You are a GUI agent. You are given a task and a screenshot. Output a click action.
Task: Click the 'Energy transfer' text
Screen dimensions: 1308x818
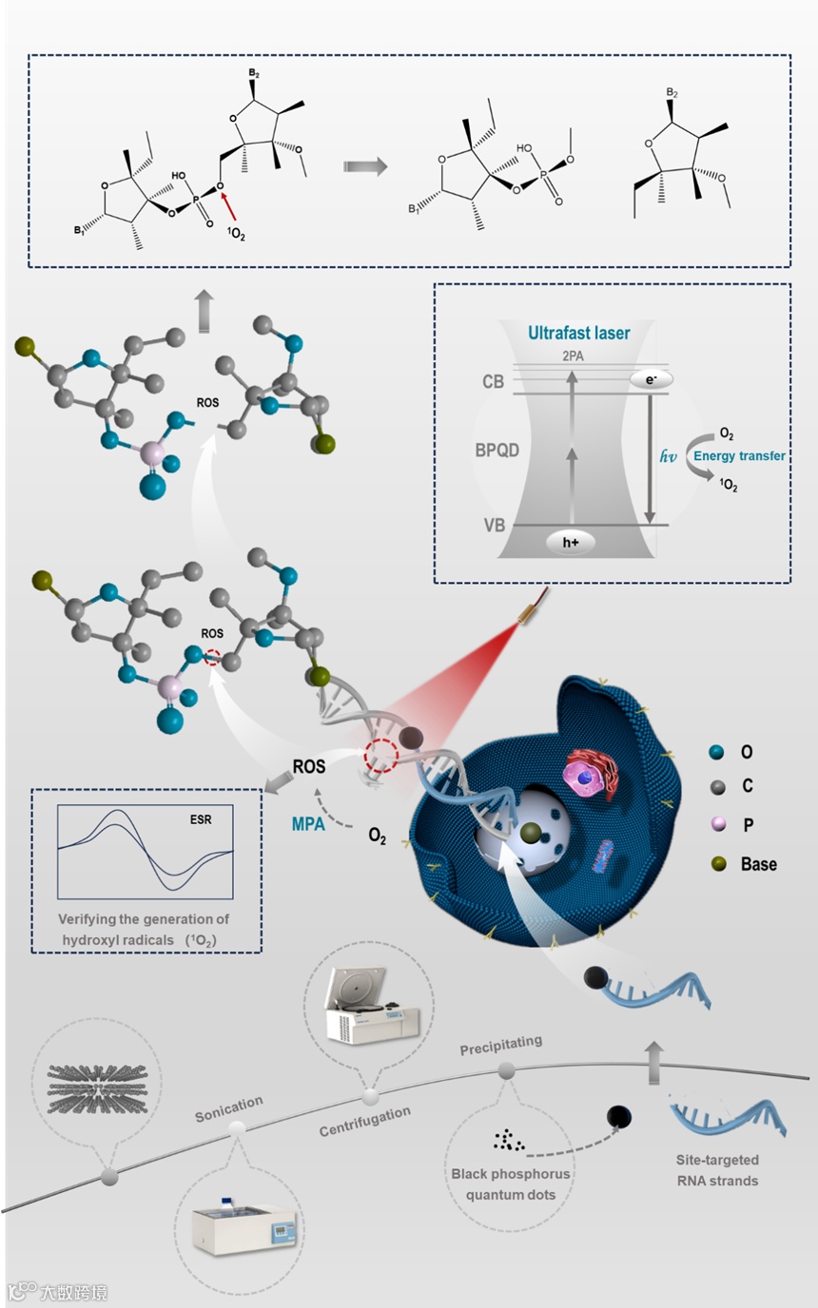[x=738, y=457]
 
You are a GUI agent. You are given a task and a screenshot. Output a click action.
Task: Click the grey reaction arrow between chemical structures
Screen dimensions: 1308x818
[x=365, y=166]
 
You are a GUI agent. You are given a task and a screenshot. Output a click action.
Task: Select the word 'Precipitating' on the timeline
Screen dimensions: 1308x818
[x=501, y=1044]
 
